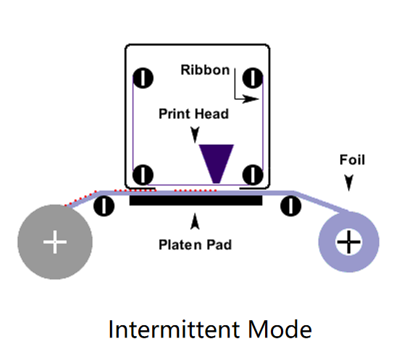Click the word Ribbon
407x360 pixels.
tap(205, 70)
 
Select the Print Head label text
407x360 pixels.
tap(193, 114)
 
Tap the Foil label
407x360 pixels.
tap(352, 159)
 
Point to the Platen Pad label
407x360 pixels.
tap(195, 245)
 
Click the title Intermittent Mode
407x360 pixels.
tap(210, 330)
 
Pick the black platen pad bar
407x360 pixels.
tap(196, 201)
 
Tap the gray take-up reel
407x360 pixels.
tap(55, 242)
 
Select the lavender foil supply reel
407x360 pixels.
tap(348, 242)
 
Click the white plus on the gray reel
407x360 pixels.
tap(55, 242)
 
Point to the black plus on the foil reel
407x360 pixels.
tap(348, 242)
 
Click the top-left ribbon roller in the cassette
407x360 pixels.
tap(143, 78)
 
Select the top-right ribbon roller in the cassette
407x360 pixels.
tap(253, 78)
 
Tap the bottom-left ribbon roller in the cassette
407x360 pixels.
tap(143, 175)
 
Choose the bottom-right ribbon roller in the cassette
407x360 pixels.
tap(253, 175)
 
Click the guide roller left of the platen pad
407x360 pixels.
tap(104, 206)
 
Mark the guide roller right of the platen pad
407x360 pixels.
tap(291, 206)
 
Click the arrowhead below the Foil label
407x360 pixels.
tap(348, 183)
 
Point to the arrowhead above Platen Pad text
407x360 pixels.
tap(195, 222)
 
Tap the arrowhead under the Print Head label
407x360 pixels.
tap(195, 135)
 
